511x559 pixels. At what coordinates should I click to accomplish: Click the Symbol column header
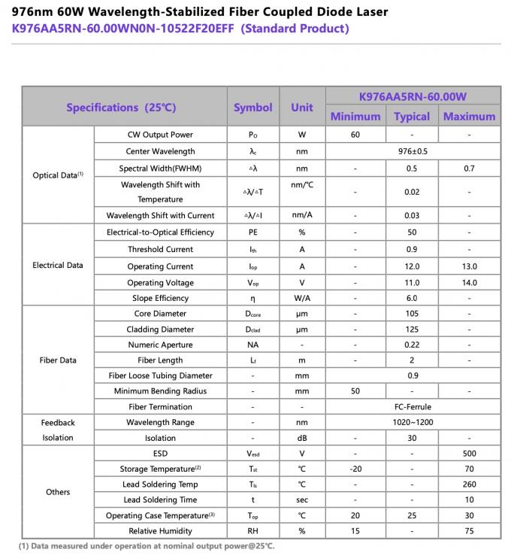pos(252,107)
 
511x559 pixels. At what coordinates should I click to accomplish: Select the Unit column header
pos(302,107)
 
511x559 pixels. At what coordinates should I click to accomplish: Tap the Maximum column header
pos(469,117)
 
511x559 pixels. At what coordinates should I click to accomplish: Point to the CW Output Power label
pos(160,135)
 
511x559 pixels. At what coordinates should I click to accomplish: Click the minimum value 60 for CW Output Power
pos(355,135)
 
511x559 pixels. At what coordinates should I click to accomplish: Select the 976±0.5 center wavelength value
pos(413,151)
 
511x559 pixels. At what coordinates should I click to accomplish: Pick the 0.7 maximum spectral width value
pos(469,169)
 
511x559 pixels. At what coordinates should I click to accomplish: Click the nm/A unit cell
pos(302,215)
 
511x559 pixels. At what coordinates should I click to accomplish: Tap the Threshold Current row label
pos(160,249)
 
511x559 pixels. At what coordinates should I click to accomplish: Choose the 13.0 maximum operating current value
pos(469,266)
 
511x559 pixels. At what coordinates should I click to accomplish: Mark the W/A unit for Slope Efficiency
pos(302,298)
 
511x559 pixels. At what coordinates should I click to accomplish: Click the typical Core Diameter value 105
pos(412,314)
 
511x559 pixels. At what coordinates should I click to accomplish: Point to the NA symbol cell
pos(253,345)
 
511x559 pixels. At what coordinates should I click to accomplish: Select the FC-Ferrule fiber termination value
pos(413,407)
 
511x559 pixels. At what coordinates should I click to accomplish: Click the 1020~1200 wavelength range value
pos(413,423)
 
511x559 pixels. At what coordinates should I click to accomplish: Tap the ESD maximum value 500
pos(469,454)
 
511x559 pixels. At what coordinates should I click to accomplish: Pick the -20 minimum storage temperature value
pos(355,469)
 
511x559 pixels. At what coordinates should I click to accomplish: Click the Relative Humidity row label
pos(160,531)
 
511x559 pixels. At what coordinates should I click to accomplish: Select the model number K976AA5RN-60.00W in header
pos(413,96)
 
